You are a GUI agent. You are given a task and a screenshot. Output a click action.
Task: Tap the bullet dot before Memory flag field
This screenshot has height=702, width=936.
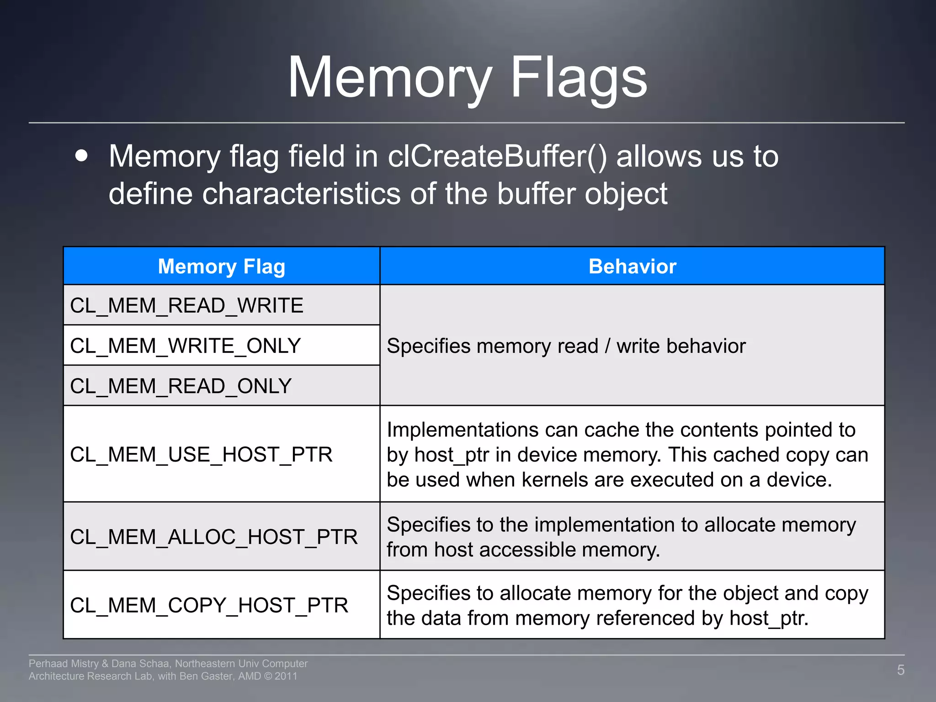tap(81, 155)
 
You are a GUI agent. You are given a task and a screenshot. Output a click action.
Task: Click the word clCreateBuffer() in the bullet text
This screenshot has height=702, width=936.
tap(497, 157)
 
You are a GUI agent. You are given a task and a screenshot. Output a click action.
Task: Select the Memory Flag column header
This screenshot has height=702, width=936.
tap(221, 266)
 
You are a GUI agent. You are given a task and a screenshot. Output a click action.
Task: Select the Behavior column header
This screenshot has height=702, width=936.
tap(632, 266)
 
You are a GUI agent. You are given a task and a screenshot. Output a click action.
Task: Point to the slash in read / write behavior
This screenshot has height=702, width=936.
tap(607, 346)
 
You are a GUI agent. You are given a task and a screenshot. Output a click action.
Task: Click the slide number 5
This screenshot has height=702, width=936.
tap(900, 670)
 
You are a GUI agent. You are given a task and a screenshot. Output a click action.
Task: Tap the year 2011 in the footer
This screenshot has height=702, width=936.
tap(286, 676)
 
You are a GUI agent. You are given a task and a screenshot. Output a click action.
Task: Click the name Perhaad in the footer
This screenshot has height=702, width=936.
tap(48, 664)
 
